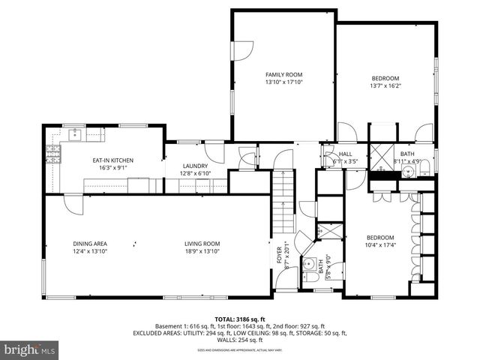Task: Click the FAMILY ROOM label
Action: tap(283, 74)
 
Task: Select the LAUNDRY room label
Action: tap(196, 166)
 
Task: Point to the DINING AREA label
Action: tap(90, 244)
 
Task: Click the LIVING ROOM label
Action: tap(202, 244)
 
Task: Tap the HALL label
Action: tap(345, 154)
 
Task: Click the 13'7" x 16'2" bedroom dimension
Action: tap(386, 86)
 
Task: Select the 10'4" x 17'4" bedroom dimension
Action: tap(380, 245)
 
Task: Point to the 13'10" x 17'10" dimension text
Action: tap(283, 82)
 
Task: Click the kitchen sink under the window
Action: tap(75, 136)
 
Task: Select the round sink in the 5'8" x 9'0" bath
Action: tap(310, 264)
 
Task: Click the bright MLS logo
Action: tap(30, 349)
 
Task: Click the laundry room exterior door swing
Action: tap(216, 151)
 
